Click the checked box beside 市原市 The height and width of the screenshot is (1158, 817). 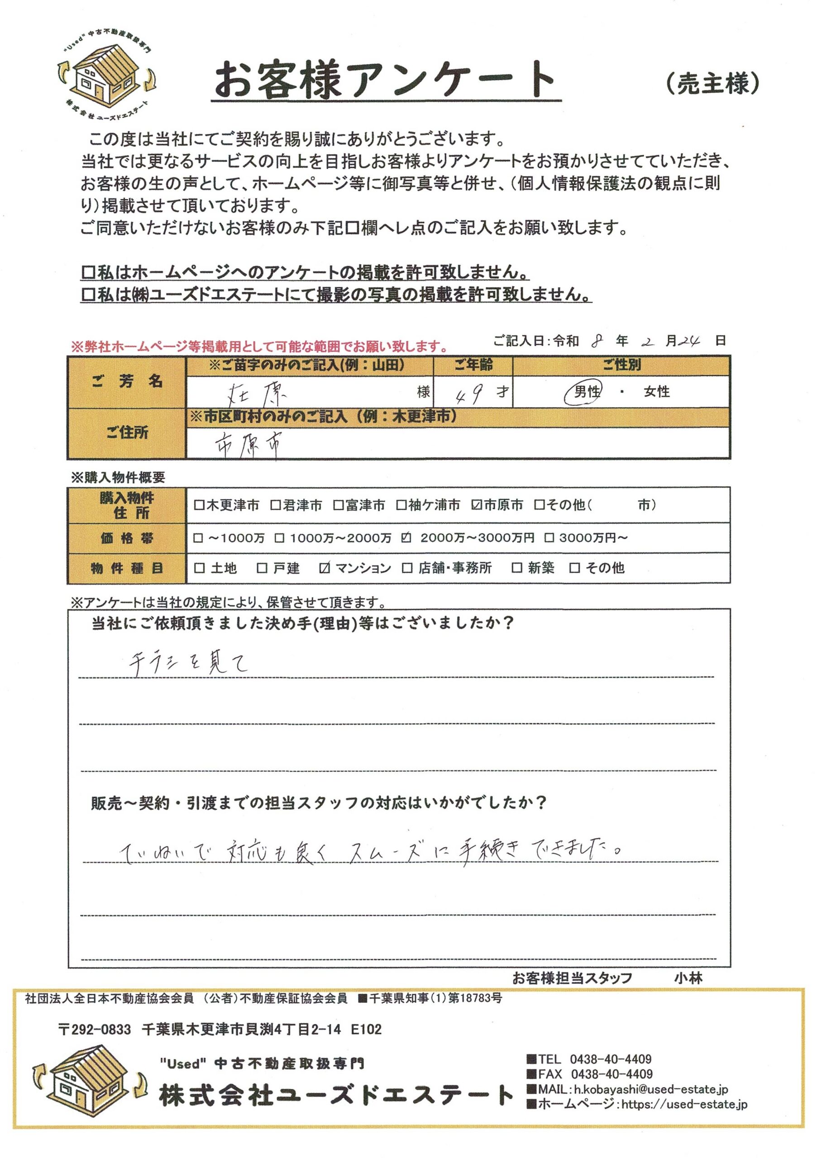coord(476,505)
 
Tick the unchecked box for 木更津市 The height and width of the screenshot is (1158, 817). coord(199,505)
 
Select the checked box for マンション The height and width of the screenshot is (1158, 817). coord(325,568)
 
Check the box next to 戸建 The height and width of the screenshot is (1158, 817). coord(262,568)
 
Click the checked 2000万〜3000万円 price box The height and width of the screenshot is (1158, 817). coord(406,538)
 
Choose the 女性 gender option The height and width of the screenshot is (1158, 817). coord(656,392)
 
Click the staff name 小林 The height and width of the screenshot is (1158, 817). coord(688,978)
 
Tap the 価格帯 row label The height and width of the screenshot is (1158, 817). coord(127,538)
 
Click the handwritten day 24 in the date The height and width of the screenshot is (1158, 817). coord(689,342)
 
